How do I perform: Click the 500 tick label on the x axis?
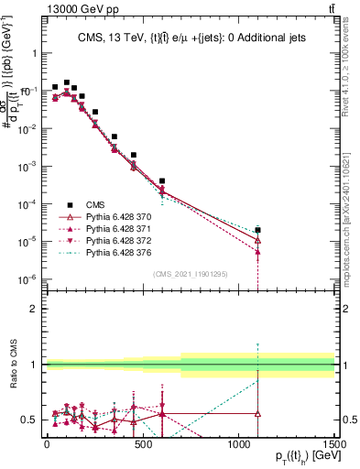click(x=143, y=443)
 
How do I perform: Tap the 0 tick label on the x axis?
click(x=47, y=443)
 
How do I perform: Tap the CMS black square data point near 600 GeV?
click(x=162, y=181)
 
